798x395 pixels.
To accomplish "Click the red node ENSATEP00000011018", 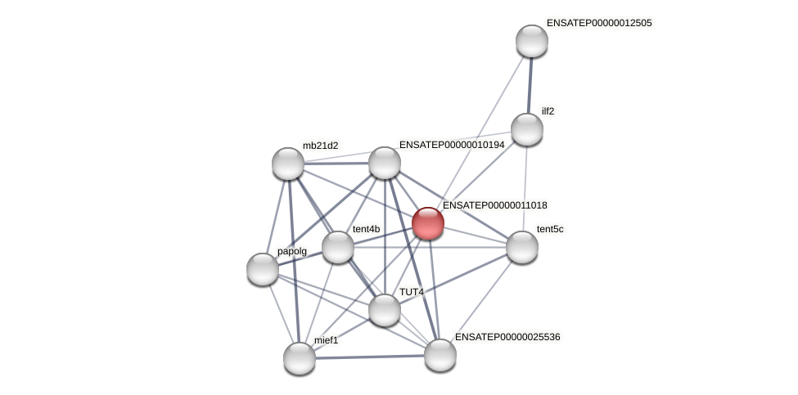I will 428,223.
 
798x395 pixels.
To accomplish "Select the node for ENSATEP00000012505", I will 532,41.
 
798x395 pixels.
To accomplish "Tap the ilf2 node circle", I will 527,129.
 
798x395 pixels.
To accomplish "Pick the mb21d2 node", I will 288,164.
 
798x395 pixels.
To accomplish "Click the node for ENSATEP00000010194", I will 385,163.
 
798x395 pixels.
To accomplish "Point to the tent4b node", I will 338,247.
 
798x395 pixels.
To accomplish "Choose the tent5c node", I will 522,247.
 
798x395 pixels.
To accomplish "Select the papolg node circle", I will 263,269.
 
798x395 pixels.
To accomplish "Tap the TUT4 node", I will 385,310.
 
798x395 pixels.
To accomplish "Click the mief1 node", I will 300,358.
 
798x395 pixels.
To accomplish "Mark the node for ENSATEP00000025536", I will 440,355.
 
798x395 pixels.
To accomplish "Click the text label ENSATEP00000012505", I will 599,23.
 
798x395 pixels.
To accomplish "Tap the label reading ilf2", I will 548,111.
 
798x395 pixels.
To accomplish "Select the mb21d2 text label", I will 320,146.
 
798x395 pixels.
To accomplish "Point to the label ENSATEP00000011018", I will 495,205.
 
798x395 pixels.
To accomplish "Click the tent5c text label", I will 550,229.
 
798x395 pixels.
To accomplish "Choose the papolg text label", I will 291,251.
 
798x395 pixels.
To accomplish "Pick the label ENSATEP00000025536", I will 507,337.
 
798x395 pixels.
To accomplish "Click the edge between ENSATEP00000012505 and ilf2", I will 530,85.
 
